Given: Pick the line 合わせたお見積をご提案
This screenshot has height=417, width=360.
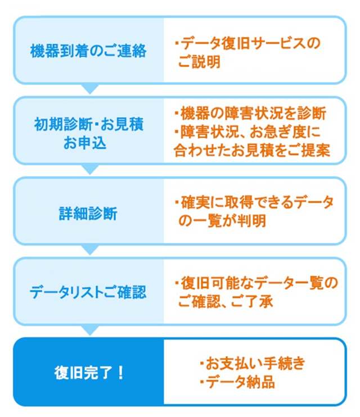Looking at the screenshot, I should (250, 150).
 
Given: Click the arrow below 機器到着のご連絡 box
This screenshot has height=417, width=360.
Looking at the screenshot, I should (89, 89).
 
